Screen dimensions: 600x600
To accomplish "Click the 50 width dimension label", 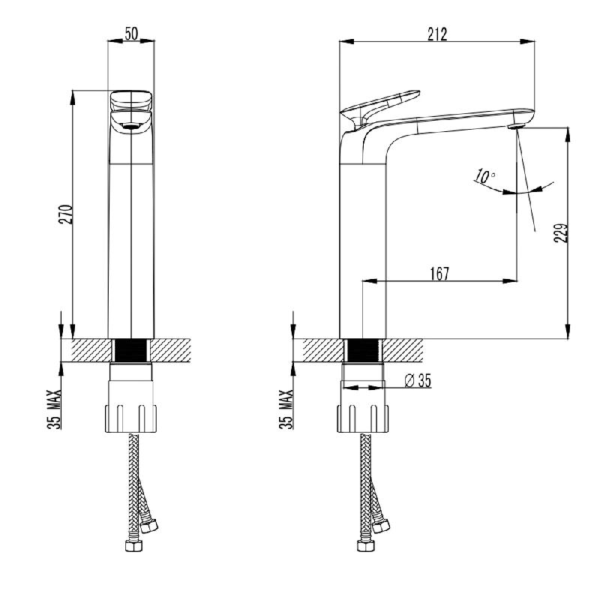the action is (x=130, y=34).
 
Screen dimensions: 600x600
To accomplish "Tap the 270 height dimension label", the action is (x=65, y=214).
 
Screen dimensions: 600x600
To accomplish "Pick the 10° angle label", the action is (x=484, y=176).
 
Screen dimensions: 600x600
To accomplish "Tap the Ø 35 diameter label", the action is (x=418, y=381).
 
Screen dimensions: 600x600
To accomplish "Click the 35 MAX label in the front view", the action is (x=54, y=409).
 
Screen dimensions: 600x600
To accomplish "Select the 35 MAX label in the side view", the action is (x=286, y=409).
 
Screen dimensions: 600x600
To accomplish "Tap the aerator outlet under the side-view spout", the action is (x=516, y=126).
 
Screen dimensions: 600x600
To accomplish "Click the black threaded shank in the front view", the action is (x=130, y=350).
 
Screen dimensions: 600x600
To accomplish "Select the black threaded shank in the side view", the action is (x=362, y=350).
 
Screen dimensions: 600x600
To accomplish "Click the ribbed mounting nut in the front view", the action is (x=130, y=418).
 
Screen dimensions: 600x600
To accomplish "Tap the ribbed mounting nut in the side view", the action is (x=363, y=418).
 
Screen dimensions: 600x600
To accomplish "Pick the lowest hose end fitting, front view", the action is (x=133, y=545).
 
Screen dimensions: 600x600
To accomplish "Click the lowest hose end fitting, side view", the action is (x=366, y=545).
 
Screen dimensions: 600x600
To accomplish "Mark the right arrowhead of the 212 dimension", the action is (x=527, y=41).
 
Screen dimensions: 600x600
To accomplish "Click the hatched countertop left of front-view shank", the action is (x=91, y=350).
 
